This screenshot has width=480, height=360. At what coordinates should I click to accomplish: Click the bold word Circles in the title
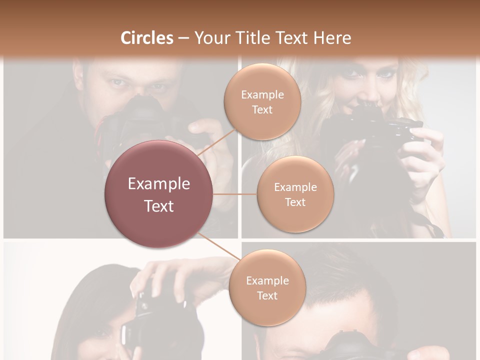click(146, 38)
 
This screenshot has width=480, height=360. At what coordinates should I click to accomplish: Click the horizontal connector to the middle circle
click(235, 194)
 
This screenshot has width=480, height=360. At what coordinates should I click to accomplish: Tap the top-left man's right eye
click(116, 81)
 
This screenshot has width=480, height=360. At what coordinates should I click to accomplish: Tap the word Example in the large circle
click(159, 184)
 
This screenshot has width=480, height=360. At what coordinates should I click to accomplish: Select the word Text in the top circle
click(262, 110)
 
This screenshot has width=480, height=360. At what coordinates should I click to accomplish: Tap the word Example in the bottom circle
click(267, 281)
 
